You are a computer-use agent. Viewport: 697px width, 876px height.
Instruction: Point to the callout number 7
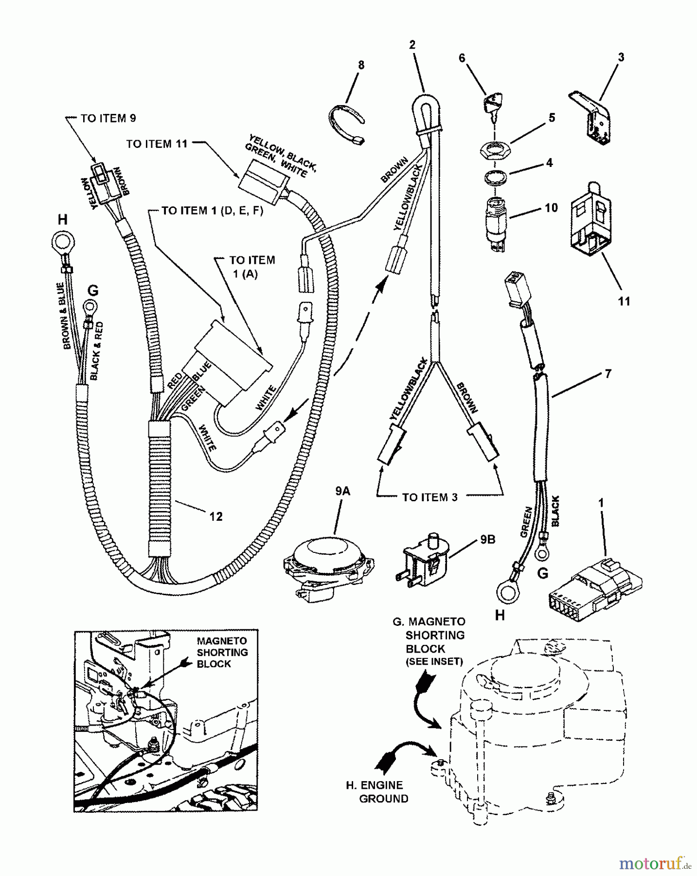pyautogui.click(x=608, y=374)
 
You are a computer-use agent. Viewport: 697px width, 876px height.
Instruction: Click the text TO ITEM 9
pyautogui.click(x=108, y=118)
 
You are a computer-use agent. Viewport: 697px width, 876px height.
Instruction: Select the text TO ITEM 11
pyautogui.click(x=157, y=144)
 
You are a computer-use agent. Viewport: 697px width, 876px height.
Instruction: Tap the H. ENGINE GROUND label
pyautogui.click(x=381, y=792)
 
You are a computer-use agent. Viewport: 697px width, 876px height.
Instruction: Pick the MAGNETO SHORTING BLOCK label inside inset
pyautogui.click(x=222, y=652)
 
